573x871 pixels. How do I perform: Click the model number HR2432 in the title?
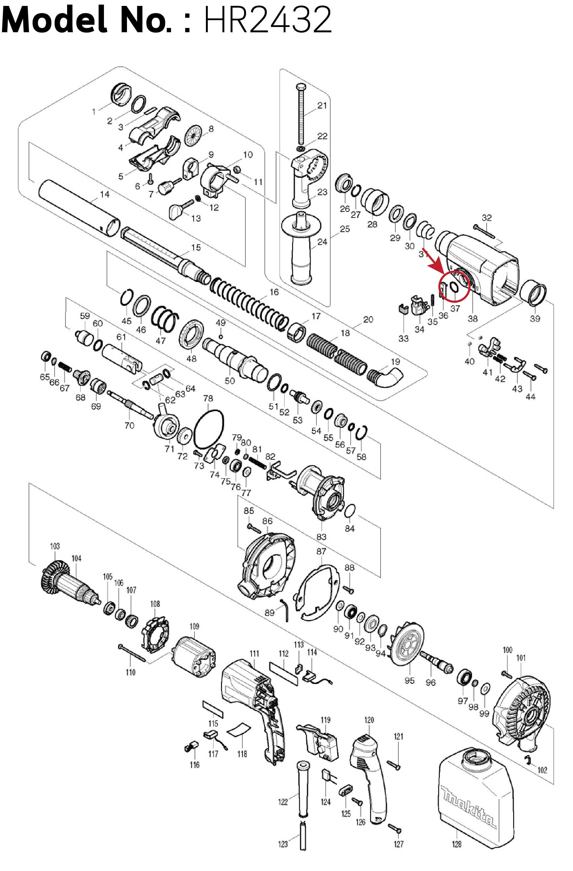click(267, 20)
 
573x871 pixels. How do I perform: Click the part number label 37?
click(455, 308)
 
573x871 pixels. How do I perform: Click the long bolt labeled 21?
click(302, 114)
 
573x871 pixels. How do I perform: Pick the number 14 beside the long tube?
click(105, 194)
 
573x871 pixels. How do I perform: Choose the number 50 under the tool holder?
click(229, 381)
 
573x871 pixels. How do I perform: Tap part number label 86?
click(267, 521)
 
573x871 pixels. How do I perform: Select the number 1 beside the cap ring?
click(94, 112)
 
